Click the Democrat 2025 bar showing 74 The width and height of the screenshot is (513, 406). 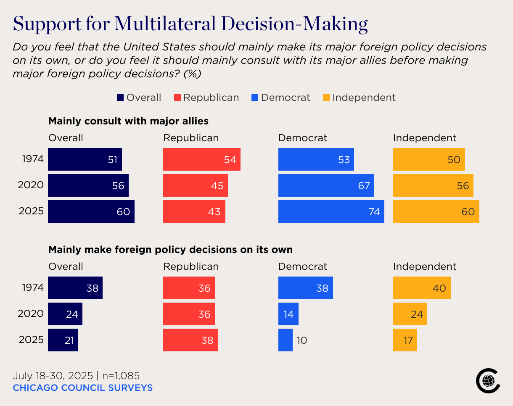(331, 211)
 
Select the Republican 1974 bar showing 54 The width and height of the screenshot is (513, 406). (201, 159)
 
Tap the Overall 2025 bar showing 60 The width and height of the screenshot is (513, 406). (91, 211)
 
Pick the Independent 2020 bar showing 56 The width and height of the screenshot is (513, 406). (433, 185)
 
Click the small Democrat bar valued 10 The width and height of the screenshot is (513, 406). (285, 340)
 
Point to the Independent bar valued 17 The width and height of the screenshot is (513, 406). (405, 340)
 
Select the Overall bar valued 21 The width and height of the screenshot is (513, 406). (63, 340)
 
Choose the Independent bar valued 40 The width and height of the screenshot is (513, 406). (421, 288)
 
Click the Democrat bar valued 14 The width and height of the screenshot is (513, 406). (288, 314)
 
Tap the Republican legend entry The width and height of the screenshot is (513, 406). (206, 98)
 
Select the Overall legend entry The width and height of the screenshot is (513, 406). (139, 98)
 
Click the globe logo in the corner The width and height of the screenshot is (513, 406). (488, 381)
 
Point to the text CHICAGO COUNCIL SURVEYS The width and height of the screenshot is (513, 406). (82, 388)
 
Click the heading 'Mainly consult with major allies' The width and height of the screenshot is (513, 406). (128, 121)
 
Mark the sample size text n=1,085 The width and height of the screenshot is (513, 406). (122, 375)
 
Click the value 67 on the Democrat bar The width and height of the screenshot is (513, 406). (364, 185)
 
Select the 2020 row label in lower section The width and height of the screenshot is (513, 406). (31, 314)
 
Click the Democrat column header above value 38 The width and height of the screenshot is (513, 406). (302, 266)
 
